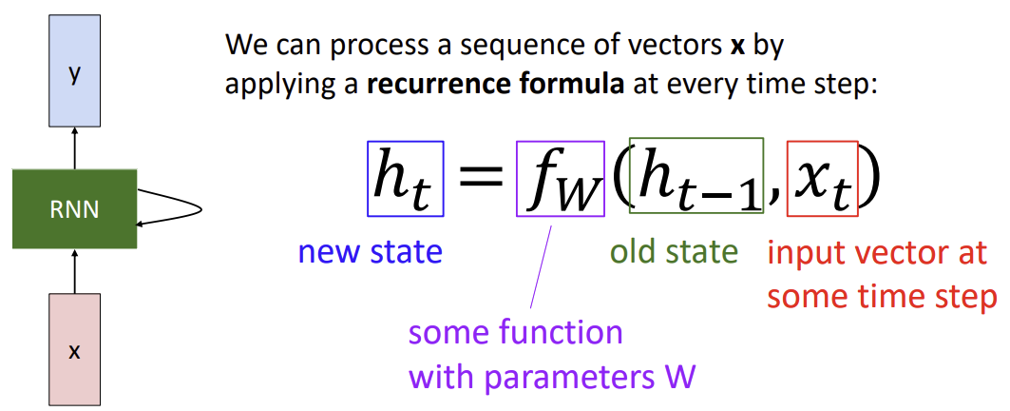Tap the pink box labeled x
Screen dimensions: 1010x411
tap(74, 349)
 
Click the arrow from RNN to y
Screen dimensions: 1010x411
tap(74, 147)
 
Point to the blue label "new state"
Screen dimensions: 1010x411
tap(370, 252)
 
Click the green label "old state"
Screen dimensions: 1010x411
tap(674, 252)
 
